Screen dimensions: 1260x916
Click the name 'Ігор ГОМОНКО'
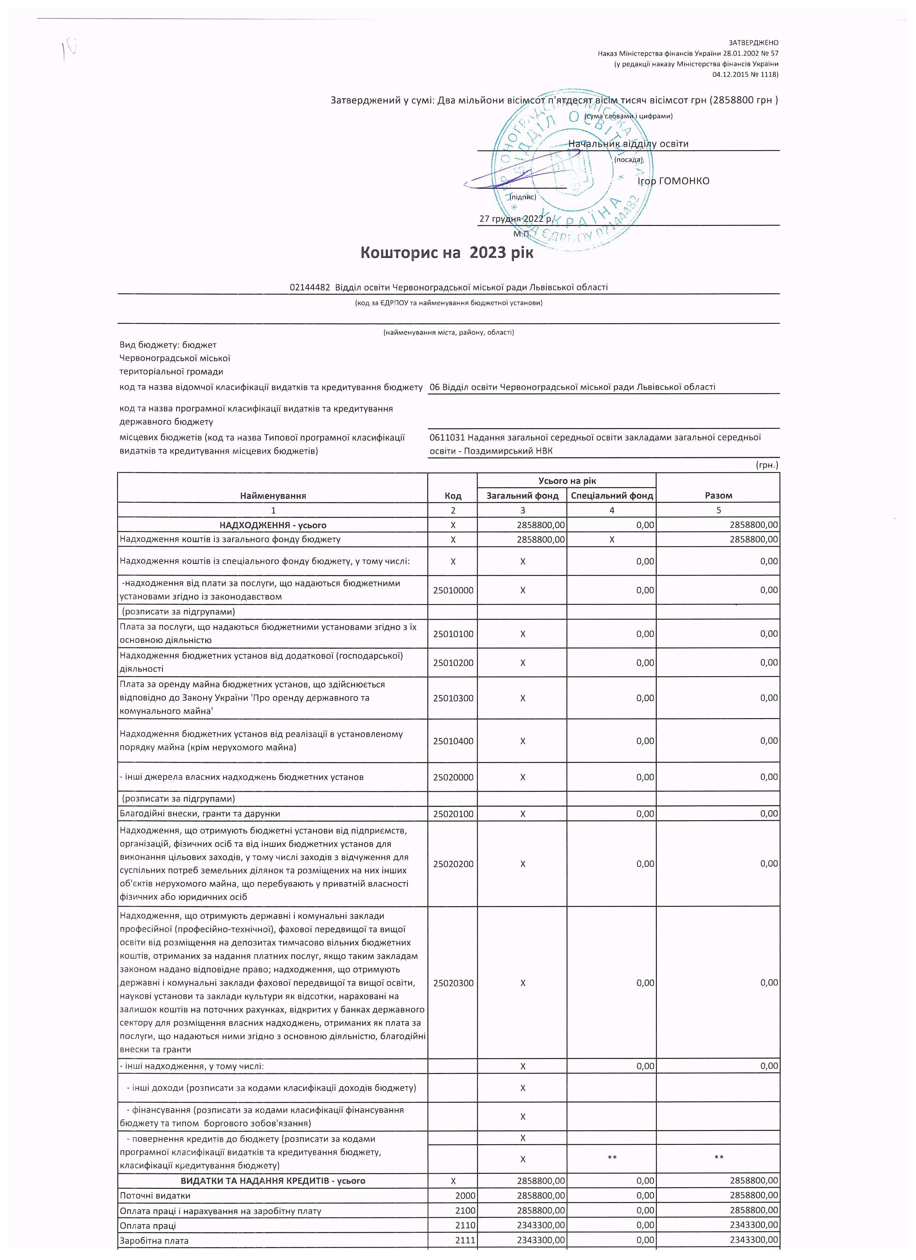673,181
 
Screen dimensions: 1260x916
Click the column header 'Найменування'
273,495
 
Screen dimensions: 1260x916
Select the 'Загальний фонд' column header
522,495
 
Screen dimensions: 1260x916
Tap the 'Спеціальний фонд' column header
612,495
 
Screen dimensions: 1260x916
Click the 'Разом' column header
718,495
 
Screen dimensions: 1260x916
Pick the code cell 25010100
453,634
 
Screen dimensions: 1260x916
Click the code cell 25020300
453,983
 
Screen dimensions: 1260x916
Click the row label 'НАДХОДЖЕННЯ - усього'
273,525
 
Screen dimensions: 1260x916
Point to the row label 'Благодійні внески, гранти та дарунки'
200,814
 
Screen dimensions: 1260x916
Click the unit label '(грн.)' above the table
767,465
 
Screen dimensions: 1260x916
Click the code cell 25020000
453,777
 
